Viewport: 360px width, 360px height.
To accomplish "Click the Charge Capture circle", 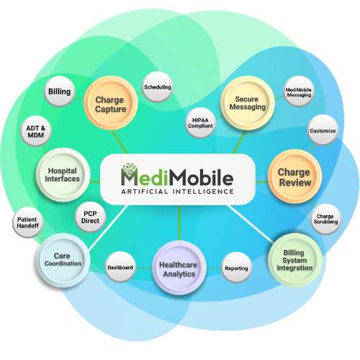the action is (x=111, y=103).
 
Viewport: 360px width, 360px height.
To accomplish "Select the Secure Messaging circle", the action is (x=248, y=103).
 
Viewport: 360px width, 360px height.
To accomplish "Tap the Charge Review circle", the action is (x=294, y=176).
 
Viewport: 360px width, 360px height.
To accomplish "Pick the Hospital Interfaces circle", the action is (x=63, y=175).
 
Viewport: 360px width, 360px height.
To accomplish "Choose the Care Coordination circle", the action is (x=63, y=261).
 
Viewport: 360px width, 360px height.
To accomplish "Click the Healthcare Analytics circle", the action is (x=179, y=268).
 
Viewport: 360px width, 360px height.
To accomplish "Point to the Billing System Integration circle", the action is (x=295, y=260).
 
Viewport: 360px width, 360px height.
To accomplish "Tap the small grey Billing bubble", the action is (x=60, y=91).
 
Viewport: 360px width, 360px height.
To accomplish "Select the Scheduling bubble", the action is (x=158, y=87).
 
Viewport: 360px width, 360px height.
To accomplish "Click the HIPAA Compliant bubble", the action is (x=200, y=123).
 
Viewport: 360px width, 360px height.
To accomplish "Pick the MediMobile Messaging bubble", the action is (x=299, y=91).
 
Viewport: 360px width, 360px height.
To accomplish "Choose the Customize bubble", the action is (x=323, y=130).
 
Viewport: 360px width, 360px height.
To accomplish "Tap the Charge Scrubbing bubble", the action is (x=325, y=219).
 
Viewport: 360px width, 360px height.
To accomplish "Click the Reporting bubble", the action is (x=236, y=268).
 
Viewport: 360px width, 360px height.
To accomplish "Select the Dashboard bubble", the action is (x=120, y=267).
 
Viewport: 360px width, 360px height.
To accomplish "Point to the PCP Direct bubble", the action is (x=90, y=217).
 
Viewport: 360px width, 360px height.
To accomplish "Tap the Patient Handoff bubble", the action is (x=27, y=222).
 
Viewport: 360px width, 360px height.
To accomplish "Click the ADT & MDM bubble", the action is (x=36, y=131).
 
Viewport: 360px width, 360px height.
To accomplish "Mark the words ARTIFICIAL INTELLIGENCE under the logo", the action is (x=177, y=192).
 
